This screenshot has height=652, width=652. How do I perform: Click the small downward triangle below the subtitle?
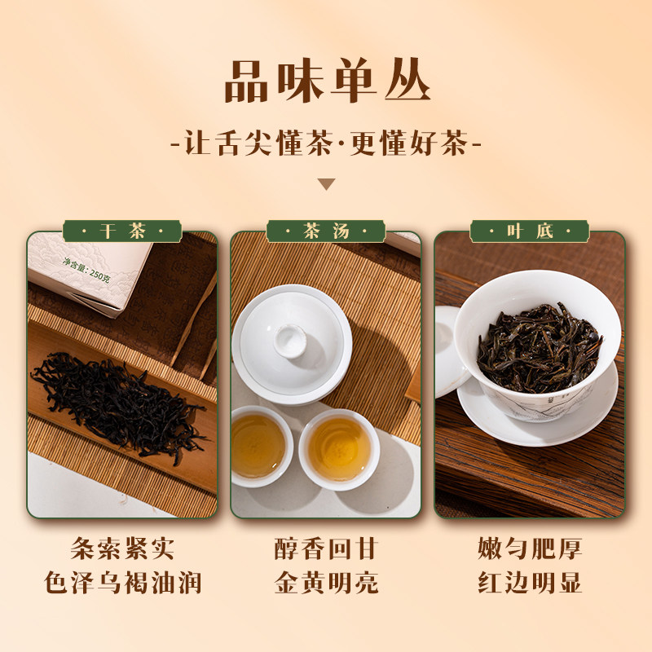pos(326,184)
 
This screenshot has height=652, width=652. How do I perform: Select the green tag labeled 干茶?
pos(121,231)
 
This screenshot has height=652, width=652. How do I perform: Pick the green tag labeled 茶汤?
pos(325,231)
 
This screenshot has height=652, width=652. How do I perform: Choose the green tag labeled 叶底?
pos(529,231)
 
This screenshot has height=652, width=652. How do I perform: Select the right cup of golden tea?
pos(338,449)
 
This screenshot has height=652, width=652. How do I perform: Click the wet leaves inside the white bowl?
pos(538,346)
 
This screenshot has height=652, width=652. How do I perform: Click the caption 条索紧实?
pos(121,548)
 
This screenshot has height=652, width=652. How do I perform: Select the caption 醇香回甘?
pos(326,548)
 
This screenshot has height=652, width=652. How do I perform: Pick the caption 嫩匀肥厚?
pos(529,548)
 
